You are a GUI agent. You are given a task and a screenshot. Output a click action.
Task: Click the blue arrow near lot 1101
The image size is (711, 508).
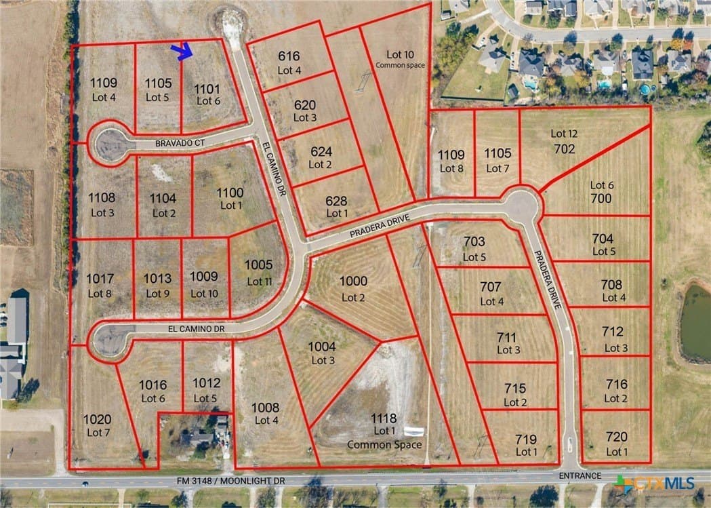182,51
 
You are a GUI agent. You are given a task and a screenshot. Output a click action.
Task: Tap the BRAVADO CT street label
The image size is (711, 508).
180,144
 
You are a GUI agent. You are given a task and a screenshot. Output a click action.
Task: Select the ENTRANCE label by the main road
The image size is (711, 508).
580,475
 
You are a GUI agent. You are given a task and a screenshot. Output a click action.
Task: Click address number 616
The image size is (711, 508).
288,56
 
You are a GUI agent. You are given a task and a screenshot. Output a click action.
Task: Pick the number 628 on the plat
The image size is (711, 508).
336,201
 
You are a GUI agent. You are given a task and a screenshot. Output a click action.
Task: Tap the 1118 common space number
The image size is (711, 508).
384,418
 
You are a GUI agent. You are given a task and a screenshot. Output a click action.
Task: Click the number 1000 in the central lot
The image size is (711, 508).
353,281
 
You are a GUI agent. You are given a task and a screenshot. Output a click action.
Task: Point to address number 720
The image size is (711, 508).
616,437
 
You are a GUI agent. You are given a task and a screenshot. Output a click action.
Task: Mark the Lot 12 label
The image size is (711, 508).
564,134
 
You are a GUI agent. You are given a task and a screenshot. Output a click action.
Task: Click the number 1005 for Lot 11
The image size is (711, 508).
258,265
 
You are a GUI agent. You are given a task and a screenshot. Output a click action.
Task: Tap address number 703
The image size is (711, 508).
474,241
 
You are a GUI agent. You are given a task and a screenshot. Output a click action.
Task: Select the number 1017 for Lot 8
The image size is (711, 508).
100,278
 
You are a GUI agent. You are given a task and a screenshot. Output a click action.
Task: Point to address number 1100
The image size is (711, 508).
230,193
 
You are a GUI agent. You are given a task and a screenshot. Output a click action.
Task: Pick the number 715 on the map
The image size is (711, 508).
515,388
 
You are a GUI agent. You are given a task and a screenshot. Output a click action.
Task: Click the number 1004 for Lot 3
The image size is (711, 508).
322,347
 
